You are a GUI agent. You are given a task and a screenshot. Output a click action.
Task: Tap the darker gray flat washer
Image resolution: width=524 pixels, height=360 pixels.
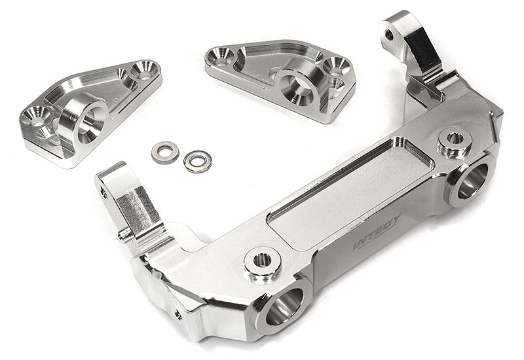pyautogui.click(x=165, y=151)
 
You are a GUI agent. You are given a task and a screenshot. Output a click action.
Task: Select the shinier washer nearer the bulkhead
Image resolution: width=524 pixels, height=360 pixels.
pyautogui.click(x=197, y=160)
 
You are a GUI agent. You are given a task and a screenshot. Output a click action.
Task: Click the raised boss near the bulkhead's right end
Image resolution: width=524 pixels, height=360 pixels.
pyautogui.click(x=454, y=139)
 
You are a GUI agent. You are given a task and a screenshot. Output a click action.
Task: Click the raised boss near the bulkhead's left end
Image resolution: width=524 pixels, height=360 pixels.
pyautogui.click(x=263, y=260)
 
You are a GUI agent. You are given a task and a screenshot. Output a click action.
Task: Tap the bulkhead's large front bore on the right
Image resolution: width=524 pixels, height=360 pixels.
pyautogui.click(x=472, y=178)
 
